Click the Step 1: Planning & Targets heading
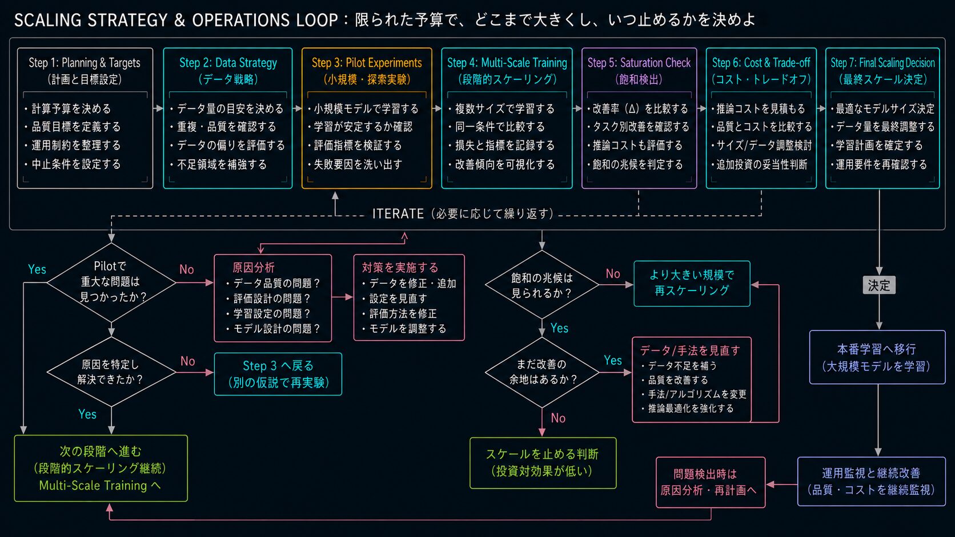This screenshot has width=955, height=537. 85,63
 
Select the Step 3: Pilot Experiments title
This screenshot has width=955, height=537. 367,63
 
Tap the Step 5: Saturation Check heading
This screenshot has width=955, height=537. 639,63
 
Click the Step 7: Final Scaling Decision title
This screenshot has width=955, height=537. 882,63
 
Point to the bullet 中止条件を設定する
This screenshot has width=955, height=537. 73,164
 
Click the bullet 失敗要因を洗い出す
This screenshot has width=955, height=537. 355,164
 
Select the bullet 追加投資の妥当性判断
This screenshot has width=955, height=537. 759,164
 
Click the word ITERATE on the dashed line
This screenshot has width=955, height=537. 398,213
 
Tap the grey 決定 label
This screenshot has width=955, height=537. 878,285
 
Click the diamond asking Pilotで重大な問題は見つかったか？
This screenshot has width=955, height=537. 111,282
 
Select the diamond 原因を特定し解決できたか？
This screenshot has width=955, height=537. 111,372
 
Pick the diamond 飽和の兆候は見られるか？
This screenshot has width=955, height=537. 542,285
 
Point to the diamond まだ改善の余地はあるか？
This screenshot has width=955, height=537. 542,372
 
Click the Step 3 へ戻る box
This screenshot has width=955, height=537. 278,374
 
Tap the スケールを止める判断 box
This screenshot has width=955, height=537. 543,463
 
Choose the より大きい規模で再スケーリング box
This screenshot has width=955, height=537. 692,284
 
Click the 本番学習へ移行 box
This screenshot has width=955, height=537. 877,357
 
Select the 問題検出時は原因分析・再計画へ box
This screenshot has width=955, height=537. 711,482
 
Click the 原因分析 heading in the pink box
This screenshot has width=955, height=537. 253,268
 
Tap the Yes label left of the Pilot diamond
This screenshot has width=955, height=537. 37,269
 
